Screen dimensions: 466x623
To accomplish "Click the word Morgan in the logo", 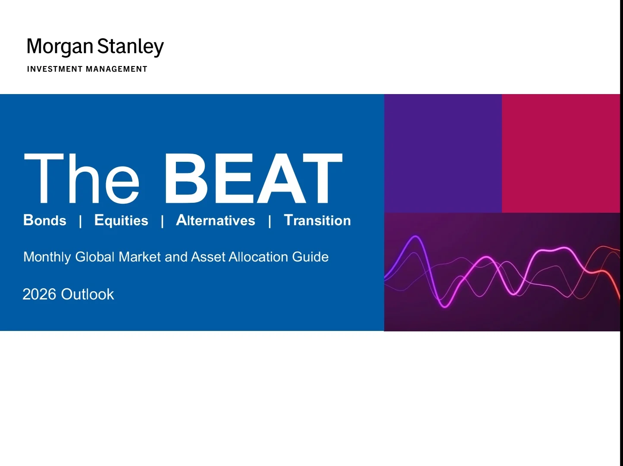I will (x=59, y=47).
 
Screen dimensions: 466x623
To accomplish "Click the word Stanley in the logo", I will (x=130, y=47).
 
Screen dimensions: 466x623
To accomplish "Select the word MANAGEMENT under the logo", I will (x=116, y=69).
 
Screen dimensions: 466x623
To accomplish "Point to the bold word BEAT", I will (x=253, y=178).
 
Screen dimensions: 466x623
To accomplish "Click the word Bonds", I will (x=45, y=220).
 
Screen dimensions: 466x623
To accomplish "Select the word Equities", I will (x=121, y=220).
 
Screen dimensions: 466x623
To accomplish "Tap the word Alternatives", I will (x=216, y=220).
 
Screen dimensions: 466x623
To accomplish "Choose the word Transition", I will (x=317, y=220).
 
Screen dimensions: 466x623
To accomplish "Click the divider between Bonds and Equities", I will (x=81, y=221).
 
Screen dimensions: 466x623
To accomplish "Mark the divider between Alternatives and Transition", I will (x=269, y=221).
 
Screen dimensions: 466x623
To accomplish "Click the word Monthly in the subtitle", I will (x=47, y=257).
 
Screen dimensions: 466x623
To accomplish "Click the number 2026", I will (x=40, y=294).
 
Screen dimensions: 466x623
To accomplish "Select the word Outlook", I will (x=88, y=294).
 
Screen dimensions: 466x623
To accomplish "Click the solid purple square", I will (x=443, y=153).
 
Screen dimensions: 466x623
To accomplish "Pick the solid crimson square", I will (x=560, y=153).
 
